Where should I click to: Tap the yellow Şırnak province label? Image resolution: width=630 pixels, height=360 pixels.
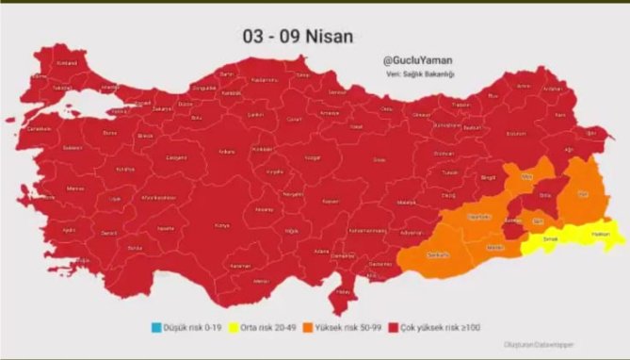542,239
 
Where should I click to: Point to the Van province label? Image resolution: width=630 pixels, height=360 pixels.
582,194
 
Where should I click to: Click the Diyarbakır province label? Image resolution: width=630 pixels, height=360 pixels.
479,216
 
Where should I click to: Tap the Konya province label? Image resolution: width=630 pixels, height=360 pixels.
222,225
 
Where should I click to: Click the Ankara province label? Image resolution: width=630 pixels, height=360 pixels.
227,151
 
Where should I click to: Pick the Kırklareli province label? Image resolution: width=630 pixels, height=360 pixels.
67,62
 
